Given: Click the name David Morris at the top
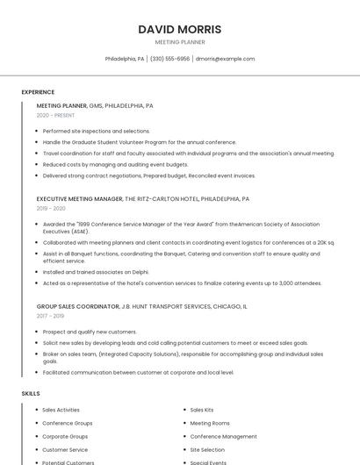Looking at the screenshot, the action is click(x=180, y=29).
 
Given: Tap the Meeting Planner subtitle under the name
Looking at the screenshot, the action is click(x=180, y=42).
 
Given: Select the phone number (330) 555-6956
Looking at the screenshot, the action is click(x=169, y=59).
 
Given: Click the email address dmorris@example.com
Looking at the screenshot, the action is click(x=225, y=59).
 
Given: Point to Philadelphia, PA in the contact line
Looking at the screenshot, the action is click(x=125, y=59).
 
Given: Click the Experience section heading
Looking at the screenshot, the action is click(x=38, y=92).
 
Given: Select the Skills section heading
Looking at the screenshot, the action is click(x=31, y=394).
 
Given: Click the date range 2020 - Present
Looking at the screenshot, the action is click(x=55, y=115).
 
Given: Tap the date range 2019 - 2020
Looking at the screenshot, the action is click(x=51, y=209).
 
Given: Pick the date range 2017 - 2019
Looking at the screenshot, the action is click(x=50, y=316).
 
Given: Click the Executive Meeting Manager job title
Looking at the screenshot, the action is click(x=80, y=199).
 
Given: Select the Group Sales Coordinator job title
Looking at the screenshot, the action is click(x=77, y=306).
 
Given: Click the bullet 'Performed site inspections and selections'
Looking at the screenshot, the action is click(x=97, y=131).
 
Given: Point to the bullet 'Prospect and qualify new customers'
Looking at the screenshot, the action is click(x=90, y=332).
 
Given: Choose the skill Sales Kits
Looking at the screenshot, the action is click(x=202, y=410).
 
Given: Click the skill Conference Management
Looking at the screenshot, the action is click(x=223, y=436).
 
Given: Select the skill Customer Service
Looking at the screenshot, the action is click(x=66, y=449).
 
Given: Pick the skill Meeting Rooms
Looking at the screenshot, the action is click(x=209, y=423).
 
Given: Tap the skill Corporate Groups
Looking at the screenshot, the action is click(x=65, y=436).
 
